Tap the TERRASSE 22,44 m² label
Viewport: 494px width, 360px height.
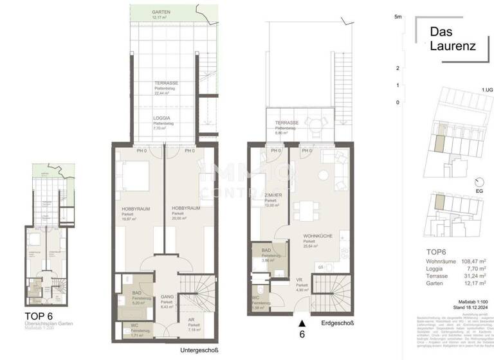click(166, 88)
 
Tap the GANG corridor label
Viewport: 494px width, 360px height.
click(167, 296)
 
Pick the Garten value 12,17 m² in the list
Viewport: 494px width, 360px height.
click(474, 282)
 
